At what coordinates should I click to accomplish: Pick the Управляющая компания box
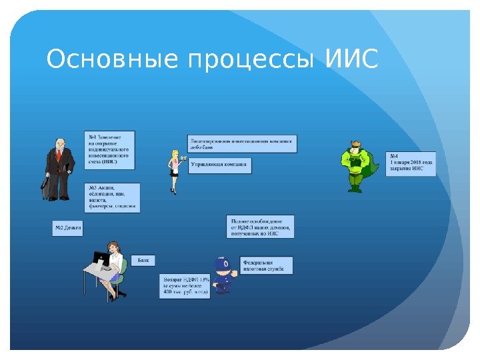219,165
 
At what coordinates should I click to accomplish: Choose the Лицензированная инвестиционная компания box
242,143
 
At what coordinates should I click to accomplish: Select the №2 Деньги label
68,228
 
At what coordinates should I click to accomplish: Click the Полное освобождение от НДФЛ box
260,227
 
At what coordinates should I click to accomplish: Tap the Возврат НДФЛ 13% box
185,285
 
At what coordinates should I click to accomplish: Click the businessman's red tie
59,156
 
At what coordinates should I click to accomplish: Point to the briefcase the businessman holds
45,186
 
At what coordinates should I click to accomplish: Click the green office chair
120,283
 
